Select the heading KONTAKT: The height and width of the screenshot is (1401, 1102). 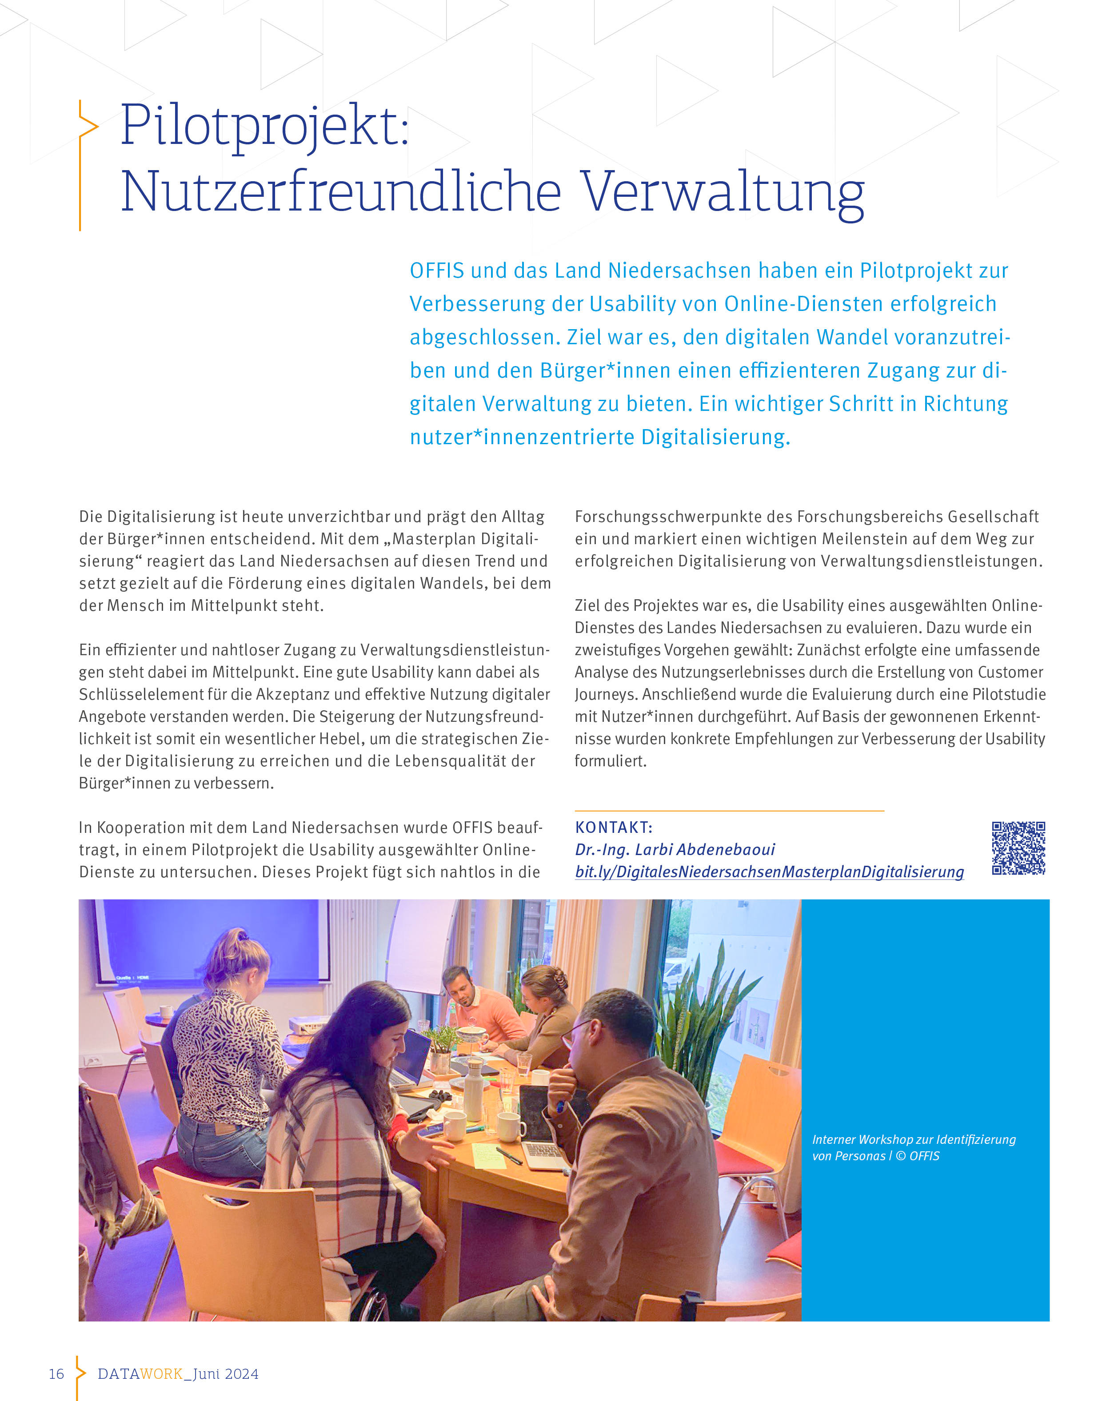[614, 828]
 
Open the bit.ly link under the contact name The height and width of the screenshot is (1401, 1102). [769, 872]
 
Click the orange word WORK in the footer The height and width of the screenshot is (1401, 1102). [161, 1374]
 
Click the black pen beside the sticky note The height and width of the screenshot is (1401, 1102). [509, 1155]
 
